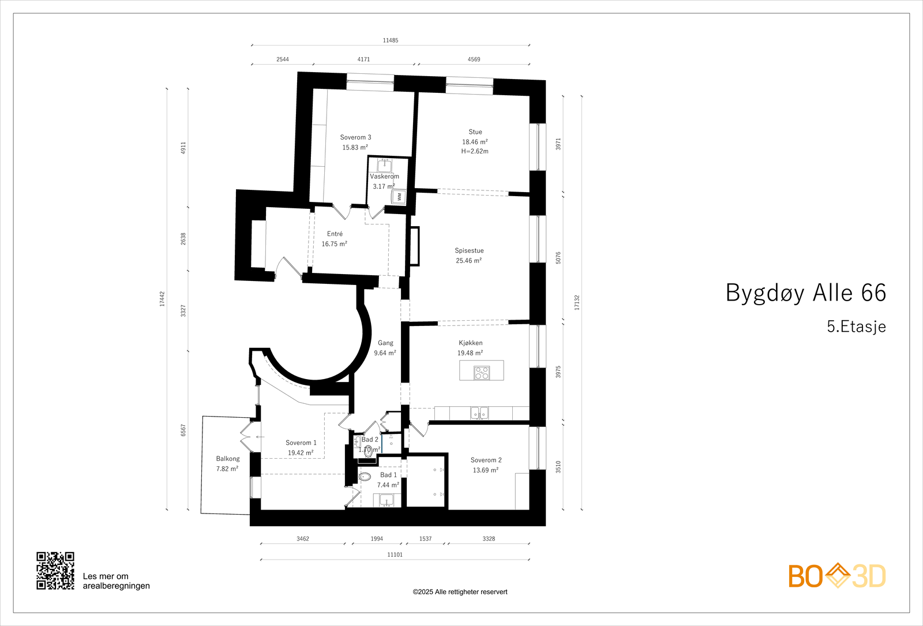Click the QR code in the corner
pyautogui.click(x=55, y=571)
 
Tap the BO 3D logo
pyautogui.click(x=837, y=576)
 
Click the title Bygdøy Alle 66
pyautogui.click(x=805, y=293)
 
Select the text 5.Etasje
pyautogui.click(x=856, y=327)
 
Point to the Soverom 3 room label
pyautogui.click(x=355, y=137)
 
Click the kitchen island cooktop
pyautogui.click(x=482, y=373)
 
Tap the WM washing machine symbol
pyautogui.click(x=399, y=197)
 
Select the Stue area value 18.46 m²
pyautogui.click(x=475, y=142)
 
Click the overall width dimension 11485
pyautogui.click(x=391, y=40)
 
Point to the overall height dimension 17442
pyautogui.click(x=162, y=298)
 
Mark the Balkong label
pyautogui.click(x=228, y=459)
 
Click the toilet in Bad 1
pyautogui.click(x=365, y=477)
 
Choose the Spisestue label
pyautogui.click(x=469, y=250)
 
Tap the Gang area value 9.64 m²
pyautogui.click(x=385, y=353)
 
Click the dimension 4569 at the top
pyautogui.click(x=474, y=59)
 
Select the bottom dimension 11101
pyautogui.click(x=395, y=554)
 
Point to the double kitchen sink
pyautogui.click(x=479, y=413)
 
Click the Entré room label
pyautogui.click(x=335, y=234)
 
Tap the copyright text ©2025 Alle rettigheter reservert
pyautogui.click(x=460, y=592)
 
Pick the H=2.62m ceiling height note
pyautogui.click(x=475, y=151)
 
